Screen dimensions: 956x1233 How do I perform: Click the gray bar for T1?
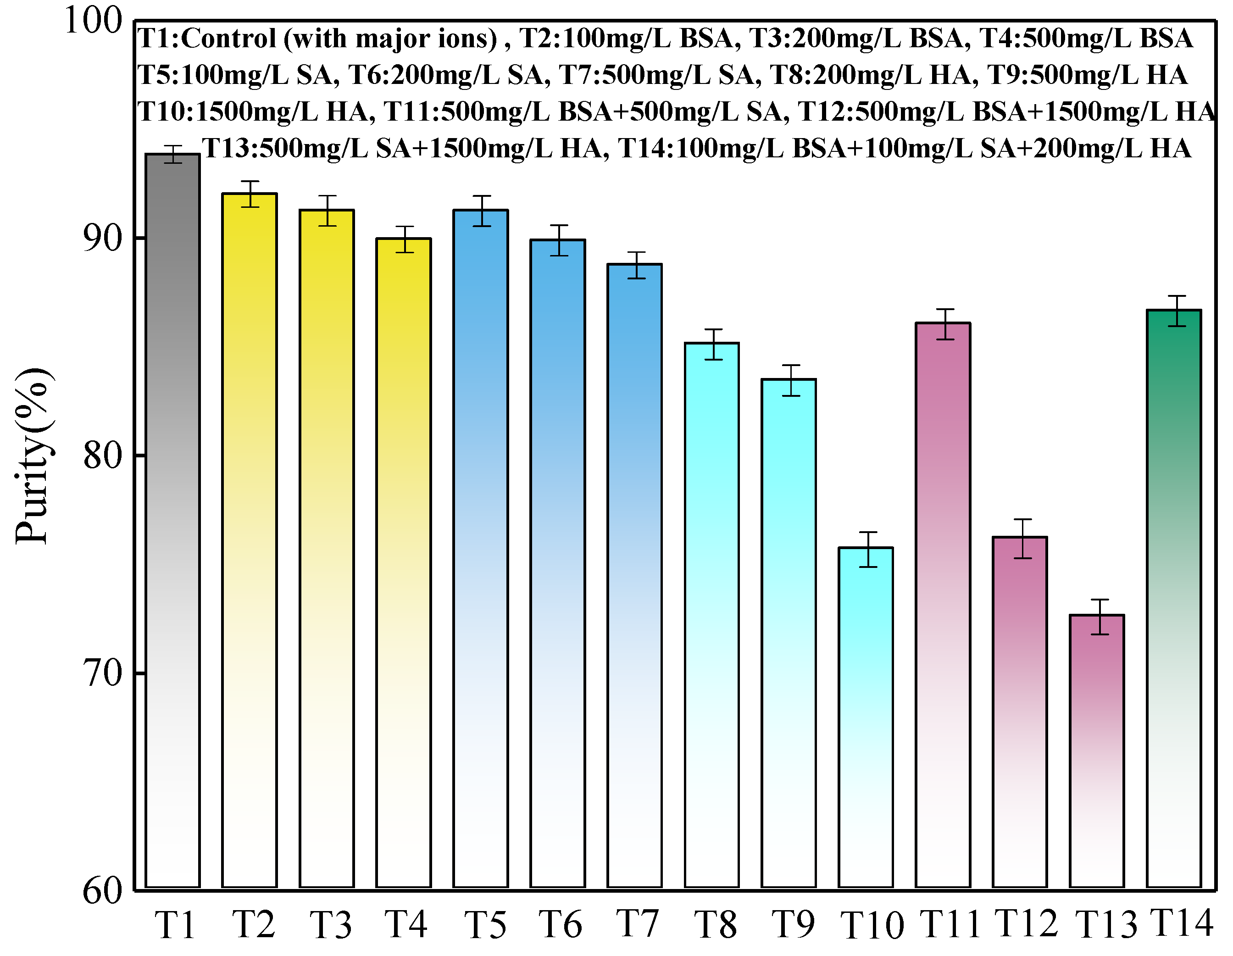tap(173, 519)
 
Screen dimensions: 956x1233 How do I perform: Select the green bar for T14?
tap(1174, 599)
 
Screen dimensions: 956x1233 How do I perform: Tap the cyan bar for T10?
tap(866, 717)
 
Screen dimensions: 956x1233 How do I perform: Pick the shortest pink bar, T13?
tap(1097, 751)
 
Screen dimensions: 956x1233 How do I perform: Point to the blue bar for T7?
tap(634, 576)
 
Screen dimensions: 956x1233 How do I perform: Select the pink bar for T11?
tap(943, 604)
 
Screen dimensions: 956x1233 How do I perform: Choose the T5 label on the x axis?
tap(485, 925)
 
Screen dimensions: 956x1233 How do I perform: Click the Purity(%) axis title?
tap(34, 456)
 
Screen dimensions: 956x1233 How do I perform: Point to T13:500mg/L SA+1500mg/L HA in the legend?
tap(404, 149)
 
